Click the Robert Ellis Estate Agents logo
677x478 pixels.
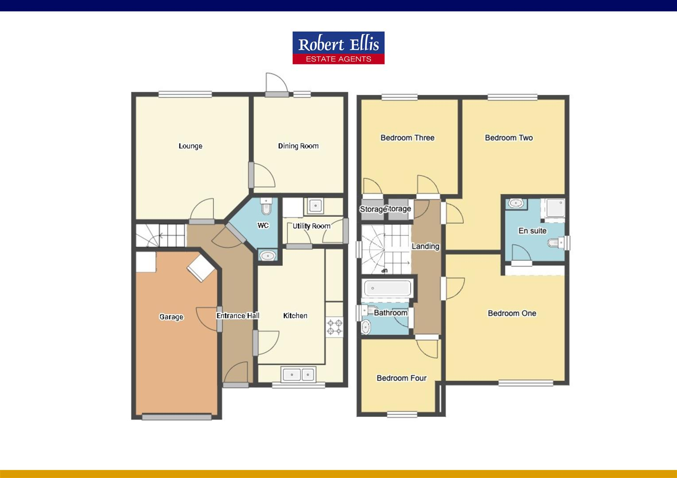coord(338,48)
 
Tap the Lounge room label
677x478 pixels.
coord(191,146)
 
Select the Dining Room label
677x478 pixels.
coord(298,146)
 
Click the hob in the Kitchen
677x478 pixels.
coord(335,327)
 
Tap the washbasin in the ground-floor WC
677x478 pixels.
coord(267,256)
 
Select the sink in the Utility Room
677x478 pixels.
coord(315,205)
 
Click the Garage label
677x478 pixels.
coord(171,317)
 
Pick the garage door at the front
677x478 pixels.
coord(176,416)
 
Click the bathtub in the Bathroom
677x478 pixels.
coord(388,289)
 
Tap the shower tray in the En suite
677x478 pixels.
coord(555,208)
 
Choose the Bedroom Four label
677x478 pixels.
coord(401,378)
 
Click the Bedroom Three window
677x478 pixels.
coord(400,97)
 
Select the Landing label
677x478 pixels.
coord(425,247)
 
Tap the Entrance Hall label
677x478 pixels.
coord(237,316)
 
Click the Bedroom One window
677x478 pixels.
coord(526,383)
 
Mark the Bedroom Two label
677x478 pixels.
coord(509,138)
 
